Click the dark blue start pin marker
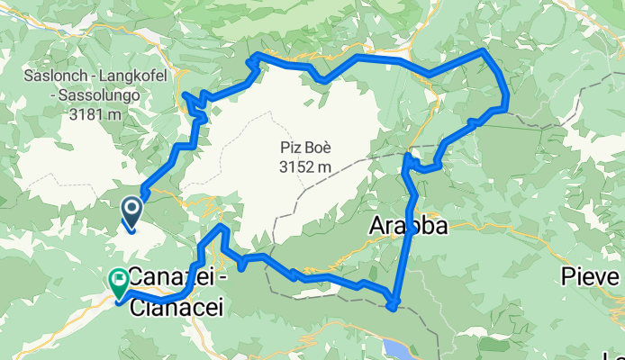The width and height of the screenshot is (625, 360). (131, 211)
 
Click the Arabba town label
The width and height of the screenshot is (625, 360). (408, 228)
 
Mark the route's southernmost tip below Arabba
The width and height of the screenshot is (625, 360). (393, 308)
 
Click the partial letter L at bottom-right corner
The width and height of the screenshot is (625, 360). (619, 354)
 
